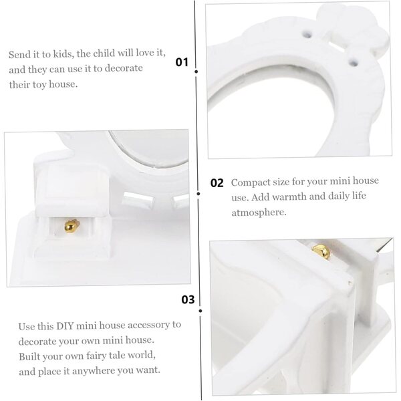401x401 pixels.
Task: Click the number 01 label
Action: tap(182, 62)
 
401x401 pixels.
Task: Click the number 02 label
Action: tap(217, 183)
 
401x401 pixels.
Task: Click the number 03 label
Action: tap(188, 299)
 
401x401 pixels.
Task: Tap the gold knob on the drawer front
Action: tap(72, 226)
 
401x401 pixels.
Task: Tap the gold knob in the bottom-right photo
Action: tap(321, 251)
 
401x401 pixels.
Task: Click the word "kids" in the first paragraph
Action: tap(63, 54)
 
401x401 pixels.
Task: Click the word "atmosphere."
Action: tap(259, 213)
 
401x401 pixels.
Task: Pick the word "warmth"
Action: tap(289, 197)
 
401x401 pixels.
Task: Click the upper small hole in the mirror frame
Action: tap(307, 34)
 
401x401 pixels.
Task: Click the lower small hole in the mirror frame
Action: tap(354, 62)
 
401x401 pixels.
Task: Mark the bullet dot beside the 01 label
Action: tap(196, 72)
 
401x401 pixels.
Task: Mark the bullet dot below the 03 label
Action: tap(200, 311)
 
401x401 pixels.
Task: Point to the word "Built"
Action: tap(28, 356)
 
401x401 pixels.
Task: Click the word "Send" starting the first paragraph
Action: tap(18, 55)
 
